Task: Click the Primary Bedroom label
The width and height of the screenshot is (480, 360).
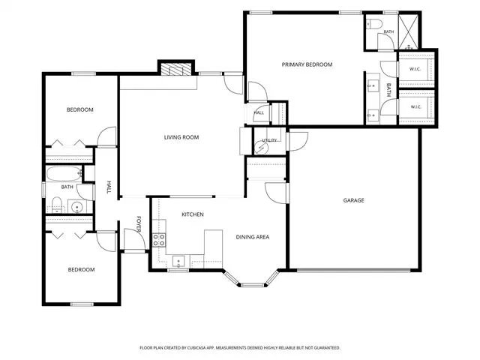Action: [x=307, y=64]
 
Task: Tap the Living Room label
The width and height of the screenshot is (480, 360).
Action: [x=181, y=137]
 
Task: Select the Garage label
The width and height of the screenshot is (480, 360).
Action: [x=353, y=200]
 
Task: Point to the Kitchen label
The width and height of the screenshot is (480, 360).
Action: [x=193, y=214]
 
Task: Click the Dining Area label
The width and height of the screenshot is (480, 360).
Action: [x=253, y=237]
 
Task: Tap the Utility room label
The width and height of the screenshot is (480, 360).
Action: [x=269, y=140]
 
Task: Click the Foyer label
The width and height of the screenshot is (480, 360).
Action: [x=139, y=224]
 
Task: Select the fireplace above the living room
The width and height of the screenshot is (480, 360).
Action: [x=176, y=69]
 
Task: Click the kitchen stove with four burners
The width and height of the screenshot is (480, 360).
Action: [x=159, y=240]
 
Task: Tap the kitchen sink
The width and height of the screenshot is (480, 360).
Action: [x=178, y=262]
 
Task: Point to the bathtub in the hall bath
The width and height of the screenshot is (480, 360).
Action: [x=64, y=174]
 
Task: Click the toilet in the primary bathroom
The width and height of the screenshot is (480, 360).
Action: [x=375, y=23]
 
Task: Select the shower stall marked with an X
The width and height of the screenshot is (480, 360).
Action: [x=408, y=31]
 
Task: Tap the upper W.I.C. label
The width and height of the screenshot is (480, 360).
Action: [x=415, y=69]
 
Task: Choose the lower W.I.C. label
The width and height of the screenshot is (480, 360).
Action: [x=416, y=106]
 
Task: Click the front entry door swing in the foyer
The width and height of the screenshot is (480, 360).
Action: [x=134, y=239]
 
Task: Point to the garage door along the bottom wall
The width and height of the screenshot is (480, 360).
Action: [x=354, y=270]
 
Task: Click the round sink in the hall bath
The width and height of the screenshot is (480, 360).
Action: [x=76, y=207]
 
